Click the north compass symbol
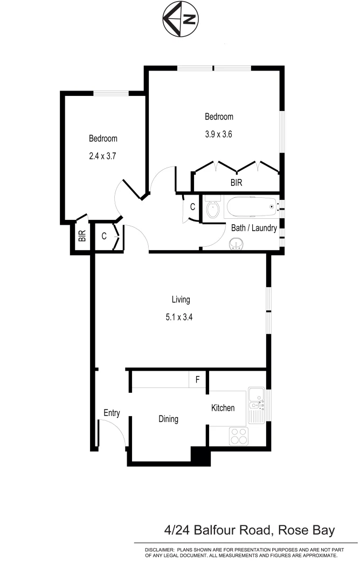(x=180, y=20)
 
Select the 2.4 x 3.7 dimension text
(x=103, y=157)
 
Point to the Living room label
(x=181, y=300)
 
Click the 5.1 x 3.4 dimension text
(x=179, y=317)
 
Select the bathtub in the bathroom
(x=251, y=206)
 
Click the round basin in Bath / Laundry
(x=236, y=245)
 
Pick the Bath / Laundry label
(x=254, y=228)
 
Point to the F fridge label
(x=198, y=380)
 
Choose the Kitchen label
(x=223, y=408)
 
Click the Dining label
(x=168, y=419)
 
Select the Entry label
(x=112, y=413)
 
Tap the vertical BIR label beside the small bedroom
(x=82, y=236)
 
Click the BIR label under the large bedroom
(x=236, y=183)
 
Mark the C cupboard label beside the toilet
(x=192, y=206)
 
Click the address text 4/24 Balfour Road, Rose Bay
(x=250, y=530)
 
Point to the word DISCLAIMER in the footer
(x=158, y=550)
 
